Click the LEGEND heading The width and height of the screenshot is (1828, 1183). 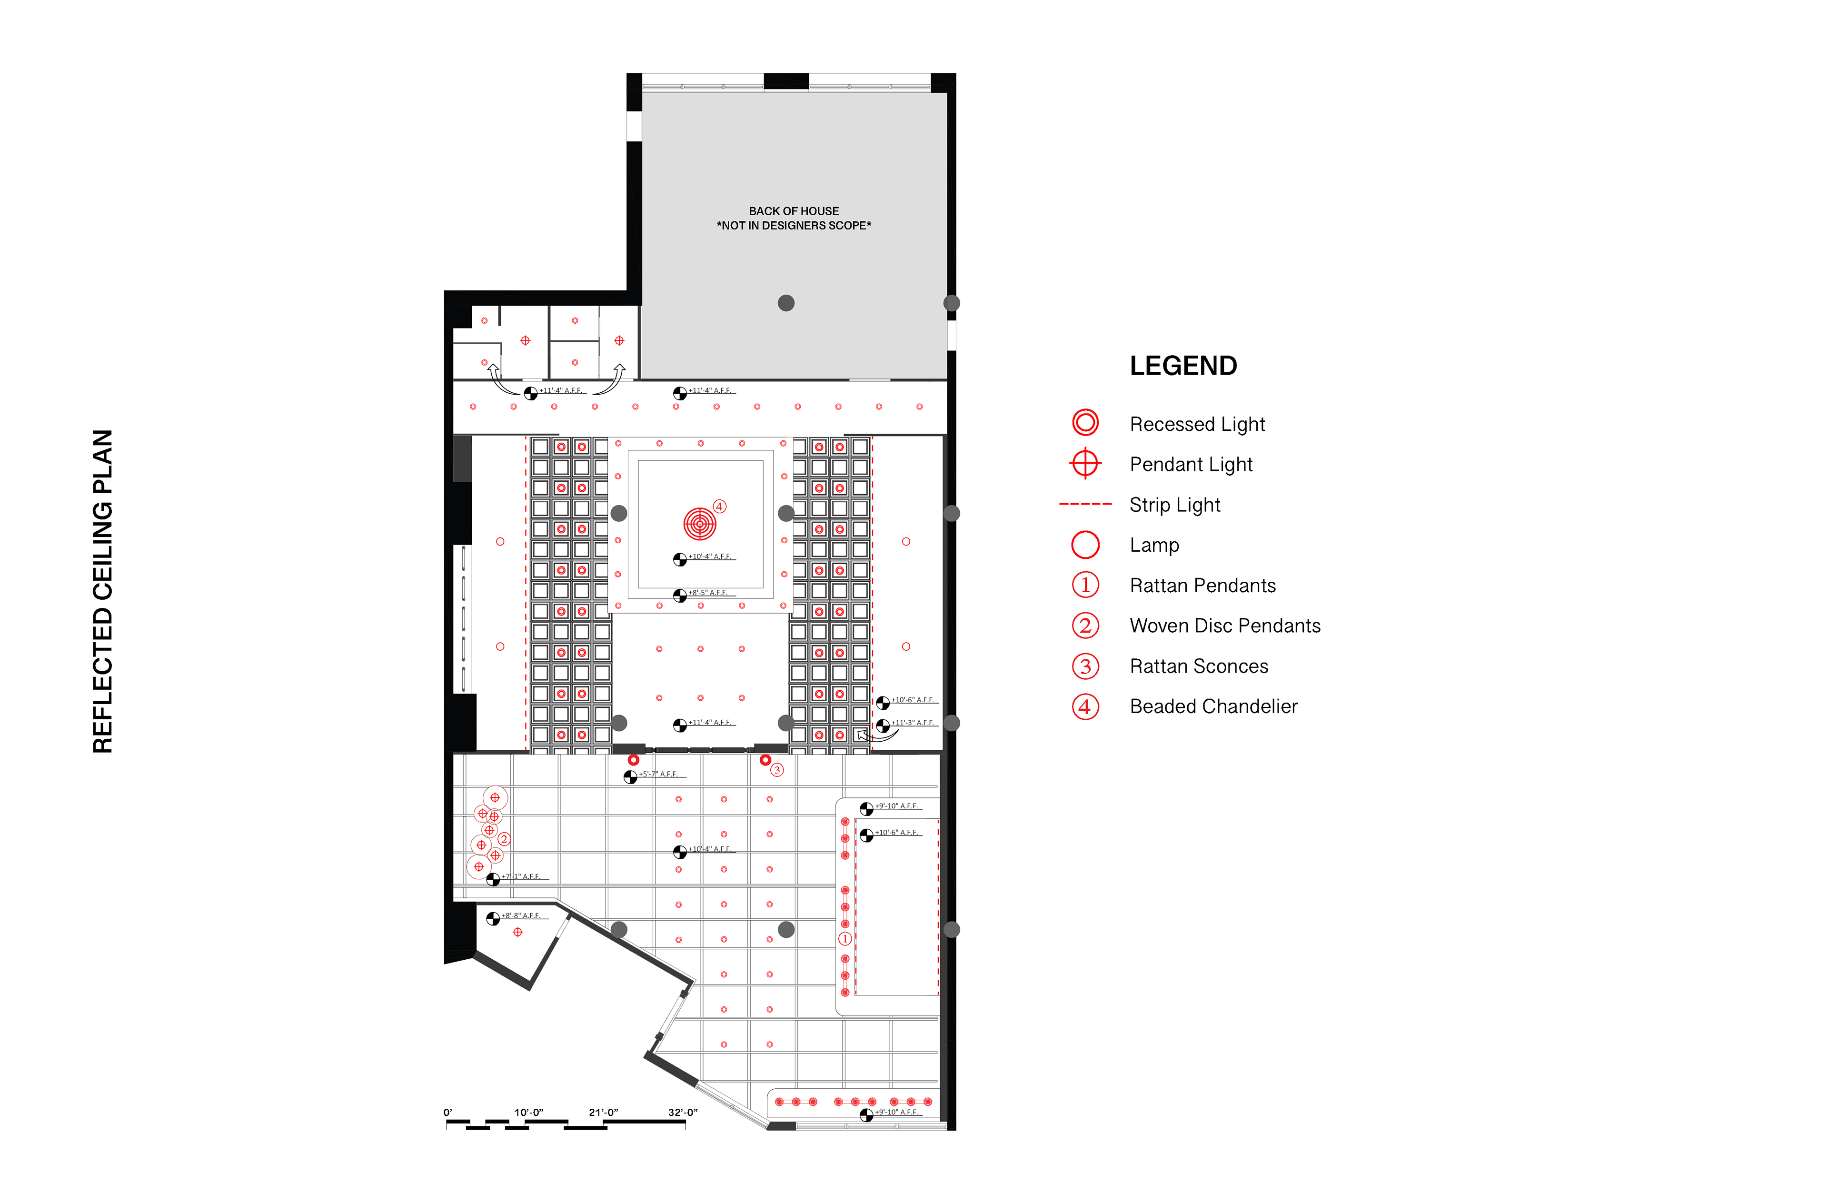tap(1183, 366)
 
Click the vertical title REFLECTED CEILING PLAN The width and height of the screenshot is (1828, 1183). tap(103, 591)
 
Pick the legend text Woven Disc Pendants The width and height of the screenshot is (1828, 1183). tap(1224, 626)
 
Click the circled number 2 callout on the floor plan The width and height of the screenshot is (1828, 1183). tap(504, 839)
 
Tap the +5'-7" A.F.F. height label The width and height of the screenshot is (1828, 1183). tap(658, 775)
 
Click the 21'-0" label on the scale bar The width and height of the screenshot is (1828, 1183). tap(603, 1113)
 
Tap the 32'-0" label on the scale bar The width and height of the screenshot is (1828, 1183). tap(682, 1113)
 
